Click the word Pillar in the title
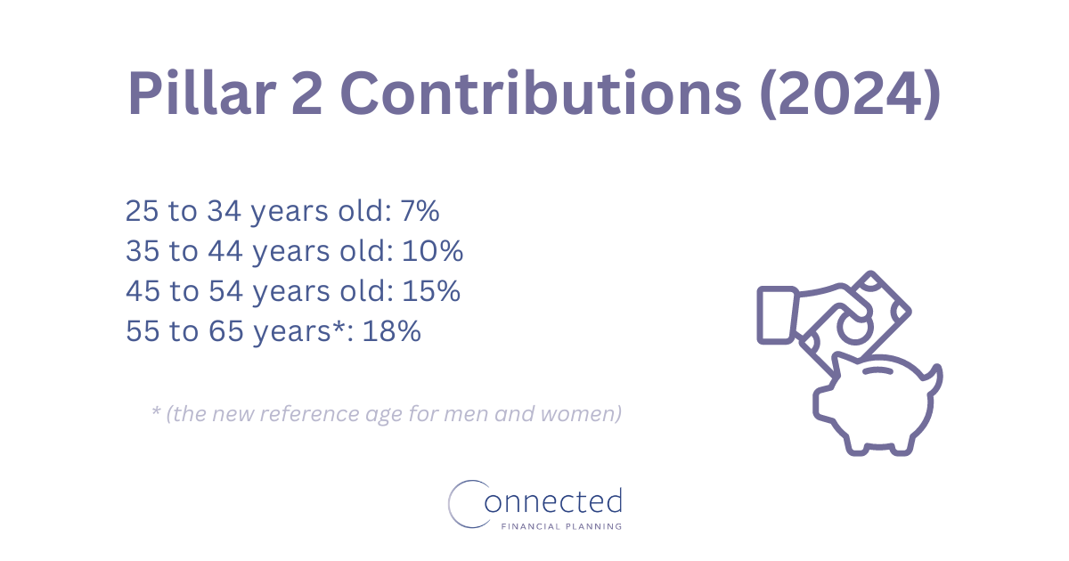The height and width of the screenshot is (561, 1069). pos(202,93)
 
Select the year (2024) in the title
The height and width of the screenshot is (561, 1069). pos(851,93)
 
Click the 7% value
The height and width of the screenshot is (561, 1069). pos(420,210)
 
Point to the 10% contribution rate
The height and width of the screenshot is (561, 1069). pos(432,250)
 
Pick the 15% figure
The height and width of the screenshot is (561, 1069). pos(431,290)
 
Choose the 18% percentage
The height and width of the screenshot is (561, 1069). pos(391,330)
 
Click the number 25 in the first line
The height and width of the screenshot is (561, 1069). pos(142,210)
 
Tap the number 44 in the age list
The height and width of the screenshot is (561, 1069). pos(225,250)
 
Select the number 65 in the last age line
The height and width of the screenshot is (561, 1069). pos(226,330)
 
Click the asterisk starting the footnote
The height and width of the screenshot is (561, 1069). pos(156,411)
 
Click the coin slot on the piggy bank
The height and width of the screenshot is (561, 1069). pos(878,370)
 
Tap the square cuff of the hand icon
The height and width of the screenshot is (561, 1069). pos(778,315)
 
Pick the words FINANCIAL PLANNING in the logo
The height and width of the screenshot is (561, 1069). pos(561,526)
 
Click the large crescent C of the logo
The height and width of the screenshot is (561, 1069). pos(450,504)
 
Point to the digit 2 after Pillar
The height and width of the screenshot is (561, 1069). pos(306,93)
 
